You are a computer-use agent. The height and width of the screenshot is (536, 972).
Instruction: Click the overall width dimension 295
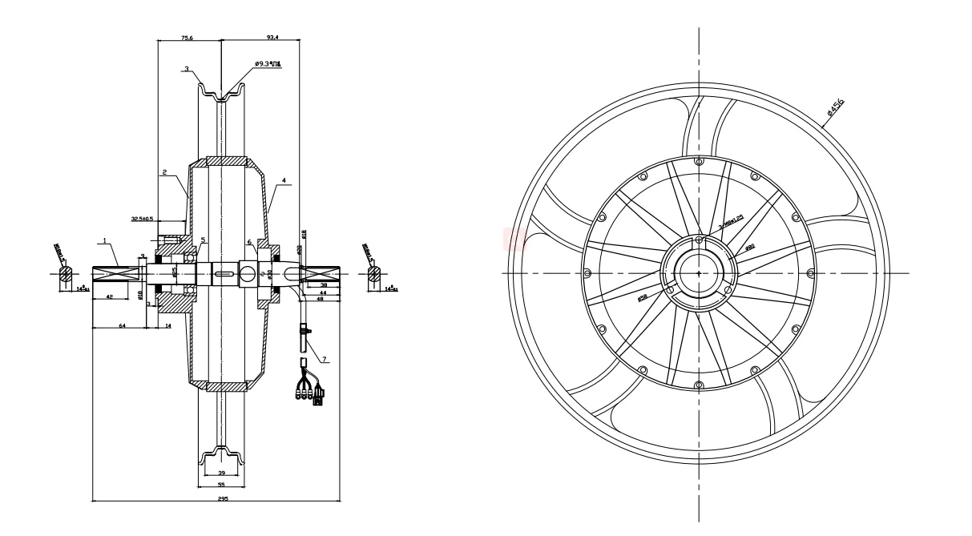pos(223,498)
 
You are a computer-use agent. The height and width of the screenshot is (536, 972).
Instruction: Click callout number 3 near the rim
pos(186,70)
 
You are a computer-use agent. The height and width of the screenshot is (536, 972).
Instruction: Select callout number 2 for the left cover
pos(164,171)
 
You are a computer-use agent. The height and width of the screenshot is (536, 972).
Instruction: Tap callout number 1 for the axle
pos(105,240)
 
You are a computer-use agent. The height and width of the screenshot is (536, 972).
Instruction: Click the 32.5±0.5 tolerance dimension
pos(143,218)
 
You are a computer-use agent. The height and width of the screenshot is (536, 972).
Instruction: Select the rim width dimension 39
pos(220,475)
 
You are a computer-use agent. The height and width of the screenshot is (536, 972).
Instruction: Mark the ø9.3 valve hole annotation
pos(268,63)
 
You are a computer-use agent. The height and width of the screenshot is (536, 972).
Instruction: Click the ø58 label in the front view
pos(643,298)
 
